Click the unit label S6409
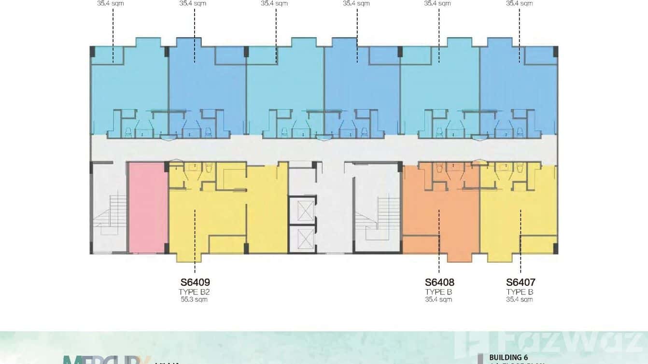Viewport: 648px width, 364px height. (195, 282)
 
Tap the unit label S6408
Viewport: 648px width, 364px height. (439, 282)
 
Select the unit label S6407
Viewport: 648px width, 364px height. (521, 282)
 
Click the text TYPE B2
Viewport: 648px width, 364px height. (194, 292)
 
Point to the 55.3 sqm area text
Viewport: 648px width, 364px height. (194, 300)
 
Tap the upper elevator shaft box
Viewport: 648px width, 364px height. (302, 210)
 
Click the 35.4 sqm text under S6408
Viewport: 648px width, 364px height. (438, 300)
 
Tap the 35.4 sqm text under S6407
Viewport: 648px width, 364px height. (520, 300)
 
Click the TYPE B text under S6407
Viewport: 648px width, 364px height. (520, 292)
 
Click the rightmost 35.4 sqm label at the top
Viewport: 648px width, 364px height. (520, 3)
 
